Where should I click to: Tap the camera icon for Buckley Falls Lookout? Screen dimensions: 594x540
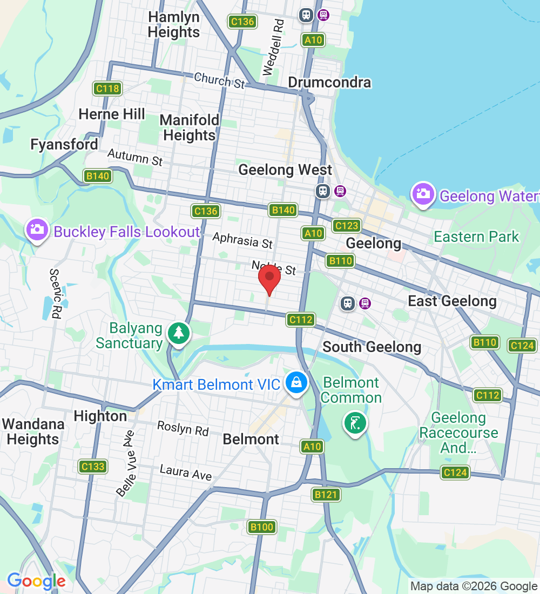point(37,230)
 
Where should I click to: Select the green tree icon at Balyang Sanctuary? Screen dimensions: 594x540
point(178,332)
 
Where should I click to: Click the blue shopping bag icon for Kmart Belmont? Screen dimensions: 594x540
point(296,382)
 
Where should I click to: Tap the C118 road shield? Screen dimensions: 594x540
point(107,89)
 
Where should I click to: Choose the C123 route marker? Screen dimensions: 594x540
point(347,225)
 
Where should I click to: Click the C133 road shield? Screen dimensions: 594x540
point(92,466)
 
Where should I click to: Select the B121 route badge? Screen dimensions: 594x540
point(326,494)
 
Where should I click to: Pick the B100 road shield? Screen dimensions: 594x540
point(262,526)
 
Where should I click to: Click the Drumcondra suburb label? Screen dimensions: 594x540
point(329,83)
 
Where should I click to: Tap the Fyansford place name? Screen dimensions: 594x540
point(64,145)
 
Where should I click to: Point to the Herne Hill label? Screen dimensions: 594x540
point(112,114)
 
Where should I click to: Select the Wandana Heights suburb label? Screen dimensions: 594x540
point(33,431)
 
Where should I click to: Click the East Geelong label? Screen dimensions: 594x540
point(452,301)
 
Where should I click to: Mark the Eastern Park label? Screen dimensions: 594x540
point(476,237)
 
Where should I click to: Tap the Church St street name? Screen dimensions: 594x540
point(219,80)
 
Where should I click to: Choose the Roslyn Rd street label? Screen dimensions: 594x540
point(183,428)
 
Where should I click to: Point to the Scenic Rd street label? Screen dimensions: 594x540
point(56,294)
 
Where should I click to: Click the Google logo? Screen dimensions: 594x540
point(36,581)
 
